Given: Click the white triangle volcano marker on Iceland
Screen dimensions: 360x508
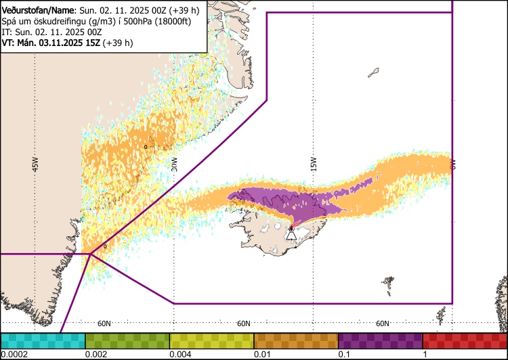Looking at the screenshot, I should (291, 235).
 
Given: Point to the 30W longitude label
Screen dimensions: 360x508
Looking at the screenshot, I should (174, 164).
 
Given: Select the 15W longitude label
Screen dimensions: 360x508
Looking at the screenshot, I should (314, 164).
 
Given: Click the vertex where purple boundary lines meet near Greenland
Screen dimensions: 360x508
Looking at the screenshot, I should (90, 254).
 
